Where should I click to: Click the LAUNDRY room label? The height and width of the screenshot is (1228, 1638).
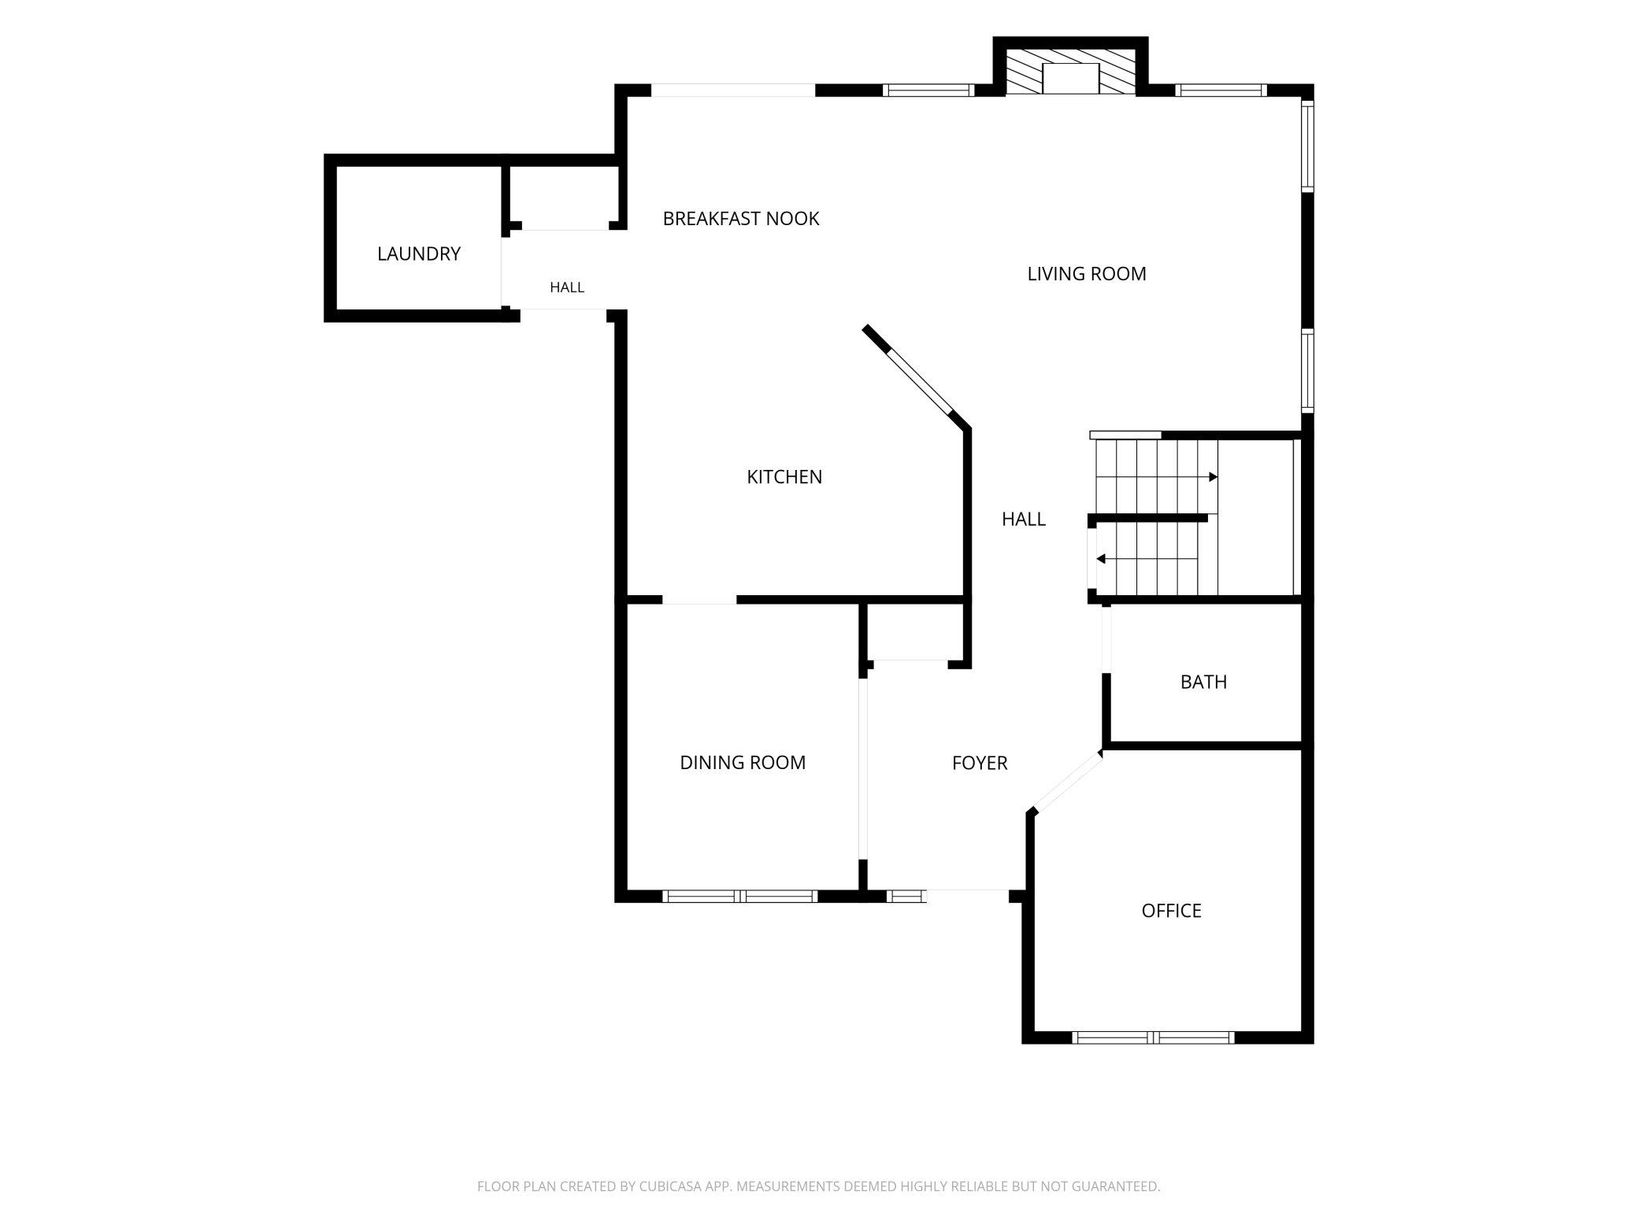click(418, 253)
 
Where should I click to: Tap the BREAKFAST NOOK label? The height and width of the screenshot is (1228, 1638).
click(741, 218)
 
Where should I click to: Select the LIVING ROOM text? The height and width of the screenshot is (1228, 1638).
click(1087, 273)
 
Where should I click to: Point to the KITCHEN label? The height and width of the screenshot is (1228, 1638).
click(784, 476)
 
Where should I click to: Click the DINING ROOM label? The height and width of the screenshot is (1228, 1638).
click(743, 762)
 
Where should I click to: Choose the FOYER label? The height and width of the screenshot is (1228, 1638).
click(980, 763)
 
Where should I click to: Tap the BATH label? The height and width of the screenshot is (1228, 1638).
click(1203, 682)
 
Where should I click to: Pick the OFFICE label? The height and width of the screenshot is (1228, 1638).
click(1171, 911)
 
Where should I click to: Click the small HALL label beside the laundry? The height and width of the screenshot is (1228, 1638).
click(567, 287)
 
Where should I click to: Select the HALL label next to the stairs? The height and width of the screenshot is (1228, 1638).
click(1024, 519)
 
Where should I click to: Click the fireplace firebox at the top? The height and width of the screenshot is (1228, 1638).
click(1070, 79)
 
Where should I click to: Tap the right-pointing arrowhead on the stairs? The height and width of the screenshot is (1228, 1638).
click(1214, 477)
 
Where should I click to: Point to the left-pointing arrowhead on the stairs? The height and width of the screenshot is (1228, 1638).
click(1101, 559)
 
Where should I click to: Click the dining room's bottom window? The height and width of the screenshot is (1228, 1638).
click(739, 896)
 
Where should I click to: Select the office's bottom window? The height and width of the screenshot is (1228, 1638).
click(1153, 1038)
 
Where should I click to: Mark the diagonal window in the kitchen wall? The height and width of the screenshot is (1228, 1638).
click(918, 381)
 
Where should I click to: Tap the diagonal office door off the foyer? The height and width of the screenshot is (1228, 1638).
click(1067, 782)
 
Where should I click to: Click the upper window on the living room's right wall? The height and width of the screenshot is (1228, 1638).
click(1307, 146)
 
